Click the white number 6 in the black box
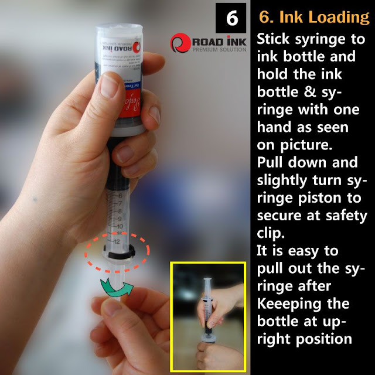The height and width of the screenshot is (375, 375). point(233,19)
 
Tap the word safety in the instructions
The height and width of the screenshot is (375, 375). point(342,216)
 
